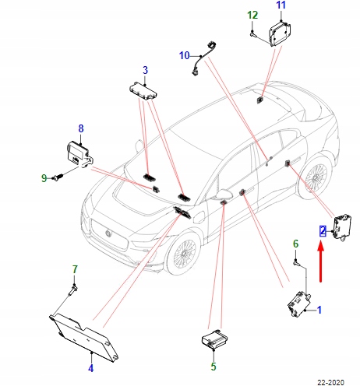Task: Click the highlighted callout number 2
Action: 323,231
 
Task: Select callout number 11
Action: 281,5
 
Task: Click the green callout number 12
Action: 252,16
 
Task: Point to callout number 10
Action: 185,55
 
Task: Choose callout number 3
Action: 145,70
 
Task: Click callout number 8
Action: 81,128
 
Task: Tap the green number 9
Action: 44,178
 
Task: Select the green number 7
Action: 75,269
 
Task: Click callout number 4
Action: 90,368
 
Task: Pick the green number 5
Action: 214,367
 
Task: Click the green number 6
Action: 295,244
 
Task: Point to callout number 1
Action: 319,310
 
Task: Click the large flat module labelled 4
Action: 83,337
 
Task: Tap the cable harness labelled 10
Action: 205,58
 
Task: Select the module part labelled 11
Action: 280,34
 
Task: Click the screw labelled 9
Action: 58,177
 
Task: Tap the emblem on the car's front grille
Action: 108,233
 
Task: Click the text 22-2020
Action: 330,382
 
